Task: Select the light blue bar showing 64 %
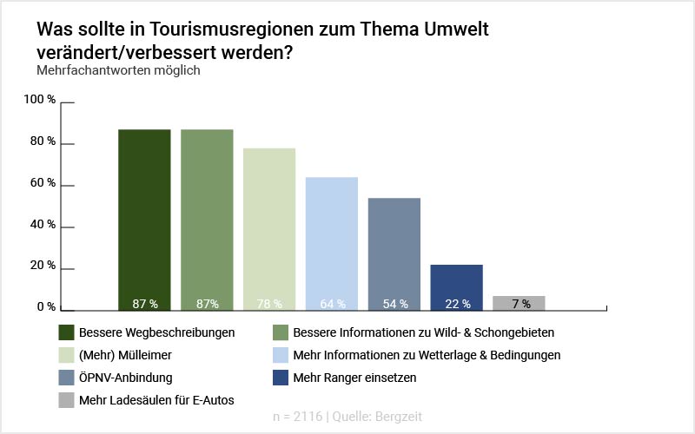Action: (x=332, y=243)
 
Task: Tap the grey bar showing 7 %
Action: (x=519, y=303)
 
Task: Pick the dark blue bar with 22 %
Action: (x=456, y=287)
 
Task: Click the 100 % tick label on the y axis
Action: (x=39, y=100)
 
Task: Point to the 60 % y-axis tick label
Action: (x=43, y=183)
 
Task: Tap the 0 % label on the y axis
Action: (x=45, y=307)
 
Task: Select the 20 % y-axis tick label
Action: (x=43, y=266)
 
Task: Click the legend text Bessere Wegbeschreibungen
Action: (x=156, y=332)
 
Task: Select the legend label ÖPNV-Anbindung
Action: (x=126, y=378)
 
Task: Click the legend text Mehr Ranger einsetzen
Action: (x=354, y=378)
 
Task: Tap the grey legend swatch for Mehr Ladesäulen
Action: (x=66, y=400)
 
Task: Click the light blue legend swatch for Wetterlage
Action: (x=281, y=355)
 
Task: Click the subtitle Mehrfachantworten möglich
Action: (x=118, y=70)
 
